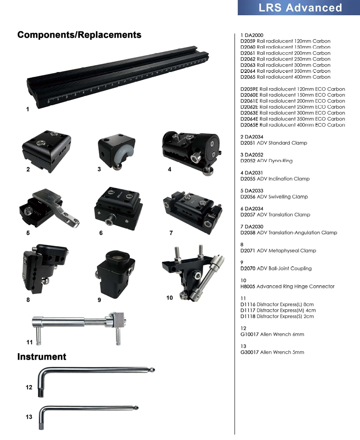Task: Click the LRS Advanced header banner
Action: point(299,8)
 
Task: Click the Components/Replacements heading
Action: point(79,35)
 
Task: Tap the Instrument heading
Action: point(42,356)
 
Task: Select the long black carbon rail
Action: point(125,79)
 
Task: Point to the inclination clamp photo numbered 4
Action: point(191,148)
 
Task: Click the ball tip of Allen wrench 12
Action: point(153,369)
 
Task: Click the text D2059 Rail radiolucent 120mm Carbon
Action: point(285,41)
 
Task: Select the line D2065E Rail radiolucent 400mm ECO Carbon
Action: point(293,125)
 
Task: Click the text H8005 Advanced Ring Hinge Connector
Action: point(287,286)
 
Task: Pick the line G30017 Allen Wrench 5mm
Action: point(272,352)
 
